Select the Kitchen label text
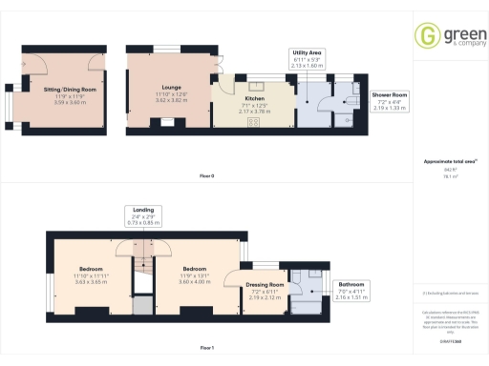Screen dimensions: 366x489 point(253,98)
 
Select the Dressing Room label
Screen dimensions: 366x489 point(266,285)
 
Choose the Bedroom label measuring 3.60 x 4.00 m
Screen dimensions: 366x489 point(196,269)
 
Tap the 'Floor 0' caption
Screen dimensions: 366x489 point(207,176)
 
